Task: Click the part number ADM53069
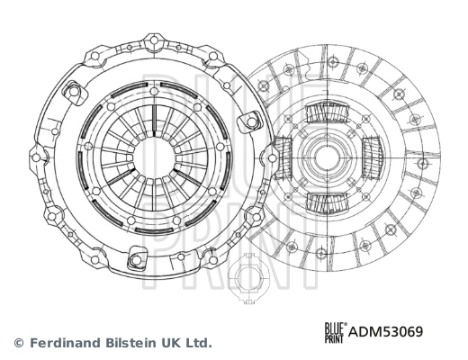(x=385, y=330)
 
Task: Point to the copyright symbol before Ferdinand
(x=18, y=343)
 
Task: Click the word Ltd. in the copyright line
(x=198, y=343)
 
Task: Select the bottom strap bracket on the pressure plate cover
(x=136, y=260)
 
